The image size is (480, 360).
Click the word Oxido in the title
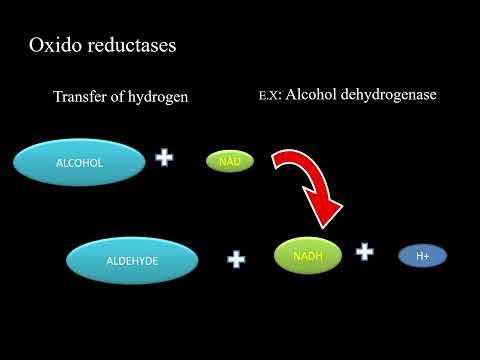click(53, 46)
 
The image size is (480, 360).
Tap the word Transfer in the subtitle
click(81, 96)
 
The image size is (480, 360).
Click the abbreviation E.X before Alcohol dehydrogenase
click(268, 96)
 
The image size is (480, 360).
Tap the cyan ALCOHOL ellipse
click(80, 160)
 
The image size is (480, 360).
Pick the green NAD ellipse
click(228, 160)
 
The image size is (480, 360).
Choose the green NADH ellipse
click(307, 256)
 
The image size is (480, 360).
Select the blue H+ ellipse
click(423, 256)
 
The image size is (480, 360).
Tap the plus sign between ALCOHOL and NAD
click(164, 158)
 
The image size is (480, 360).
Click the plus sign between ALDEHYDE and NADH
click(236, 259)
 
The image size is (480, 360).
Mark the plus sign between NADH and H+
click(365, 252)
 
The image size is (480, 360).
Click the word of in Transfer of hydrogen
click(118, 96)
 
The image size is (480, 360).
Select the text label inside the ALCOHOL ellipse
click(80, 160)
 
